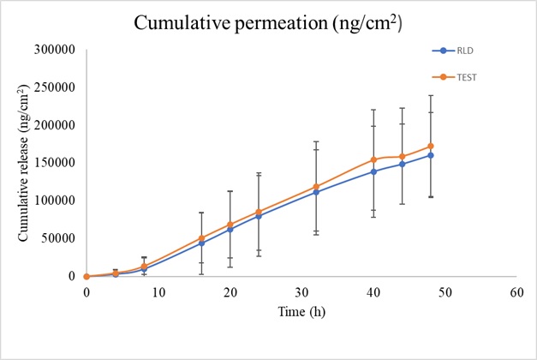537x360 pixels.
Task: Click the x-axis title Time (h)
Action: coord(301,312)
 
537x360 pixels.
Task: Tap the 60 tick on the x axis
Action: coord(516,292)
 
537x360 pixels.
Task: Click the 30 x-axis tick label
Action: coord(301,292)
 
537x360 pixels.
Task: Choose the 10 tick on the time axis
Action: coord(158,292)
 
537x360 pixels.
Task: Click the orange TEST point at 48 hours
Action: coord(430,146)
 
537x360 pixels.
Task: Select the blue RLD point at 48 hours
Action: coord(430,155)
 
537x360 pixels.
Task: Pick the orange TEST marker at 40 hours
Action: coord(373,159)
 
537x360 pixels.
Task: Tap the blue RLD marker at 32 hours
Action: coord(316,192)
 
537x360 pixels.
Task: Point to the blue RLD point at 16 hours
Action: coord(201,243)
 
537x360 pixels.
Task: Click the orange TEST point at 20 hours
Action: coord(230,225)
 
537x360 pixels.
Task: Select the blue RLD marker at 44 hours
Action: coord(402,164)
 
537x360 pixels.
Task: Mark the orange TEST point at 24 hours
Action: coord(259,212)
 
